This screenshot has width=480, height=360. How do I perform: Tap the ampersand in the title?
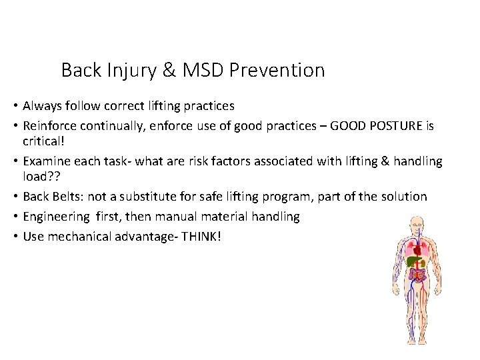coord(169,70)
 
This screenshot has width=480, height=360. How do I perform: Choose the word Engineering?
coord(55,217)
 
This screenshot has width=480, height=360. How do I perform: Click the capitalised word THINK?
coord(203,237)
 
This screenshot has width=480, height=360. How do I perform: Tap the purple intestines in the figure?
coord(418,275)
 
